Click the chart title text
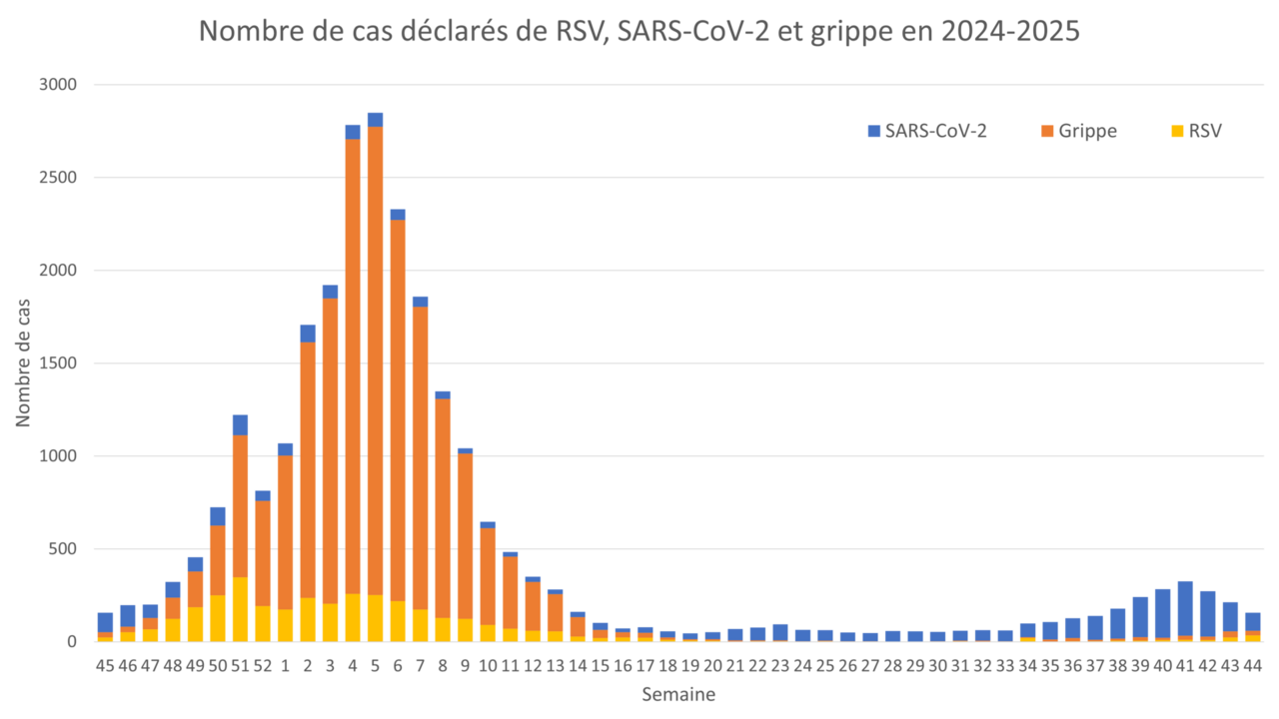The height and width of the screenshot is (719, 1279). click(639, 32)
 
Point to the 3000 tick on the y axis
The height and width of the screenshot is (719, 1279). click(58, 85)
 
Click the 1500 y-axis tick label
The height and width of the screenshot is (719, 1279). click(58, 363)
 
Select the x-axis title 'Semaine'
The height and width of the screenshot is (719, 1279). click(678, 694)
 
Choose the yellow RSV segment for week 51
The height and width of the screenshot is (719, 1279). click(240, 609)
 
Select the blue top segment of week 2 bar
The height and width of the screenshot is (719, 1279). click(308, 333)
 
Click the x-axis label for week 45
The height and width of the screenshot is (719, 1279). click(105, 665)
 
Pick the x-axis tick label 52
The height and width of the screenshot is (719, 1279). click(263, 665)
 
